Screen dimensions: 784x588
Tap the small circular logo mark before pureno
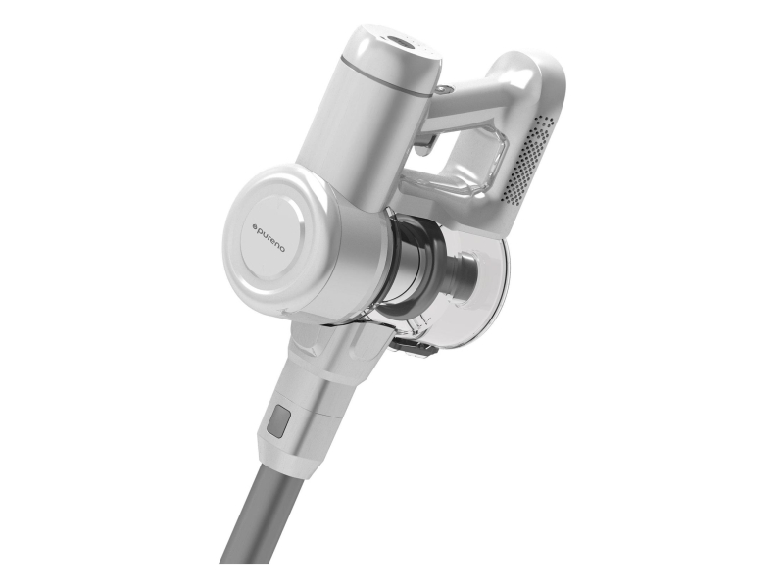click(x=254, y=227)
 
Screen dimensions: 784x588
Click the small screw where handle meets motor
click(x=445, y=88)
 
